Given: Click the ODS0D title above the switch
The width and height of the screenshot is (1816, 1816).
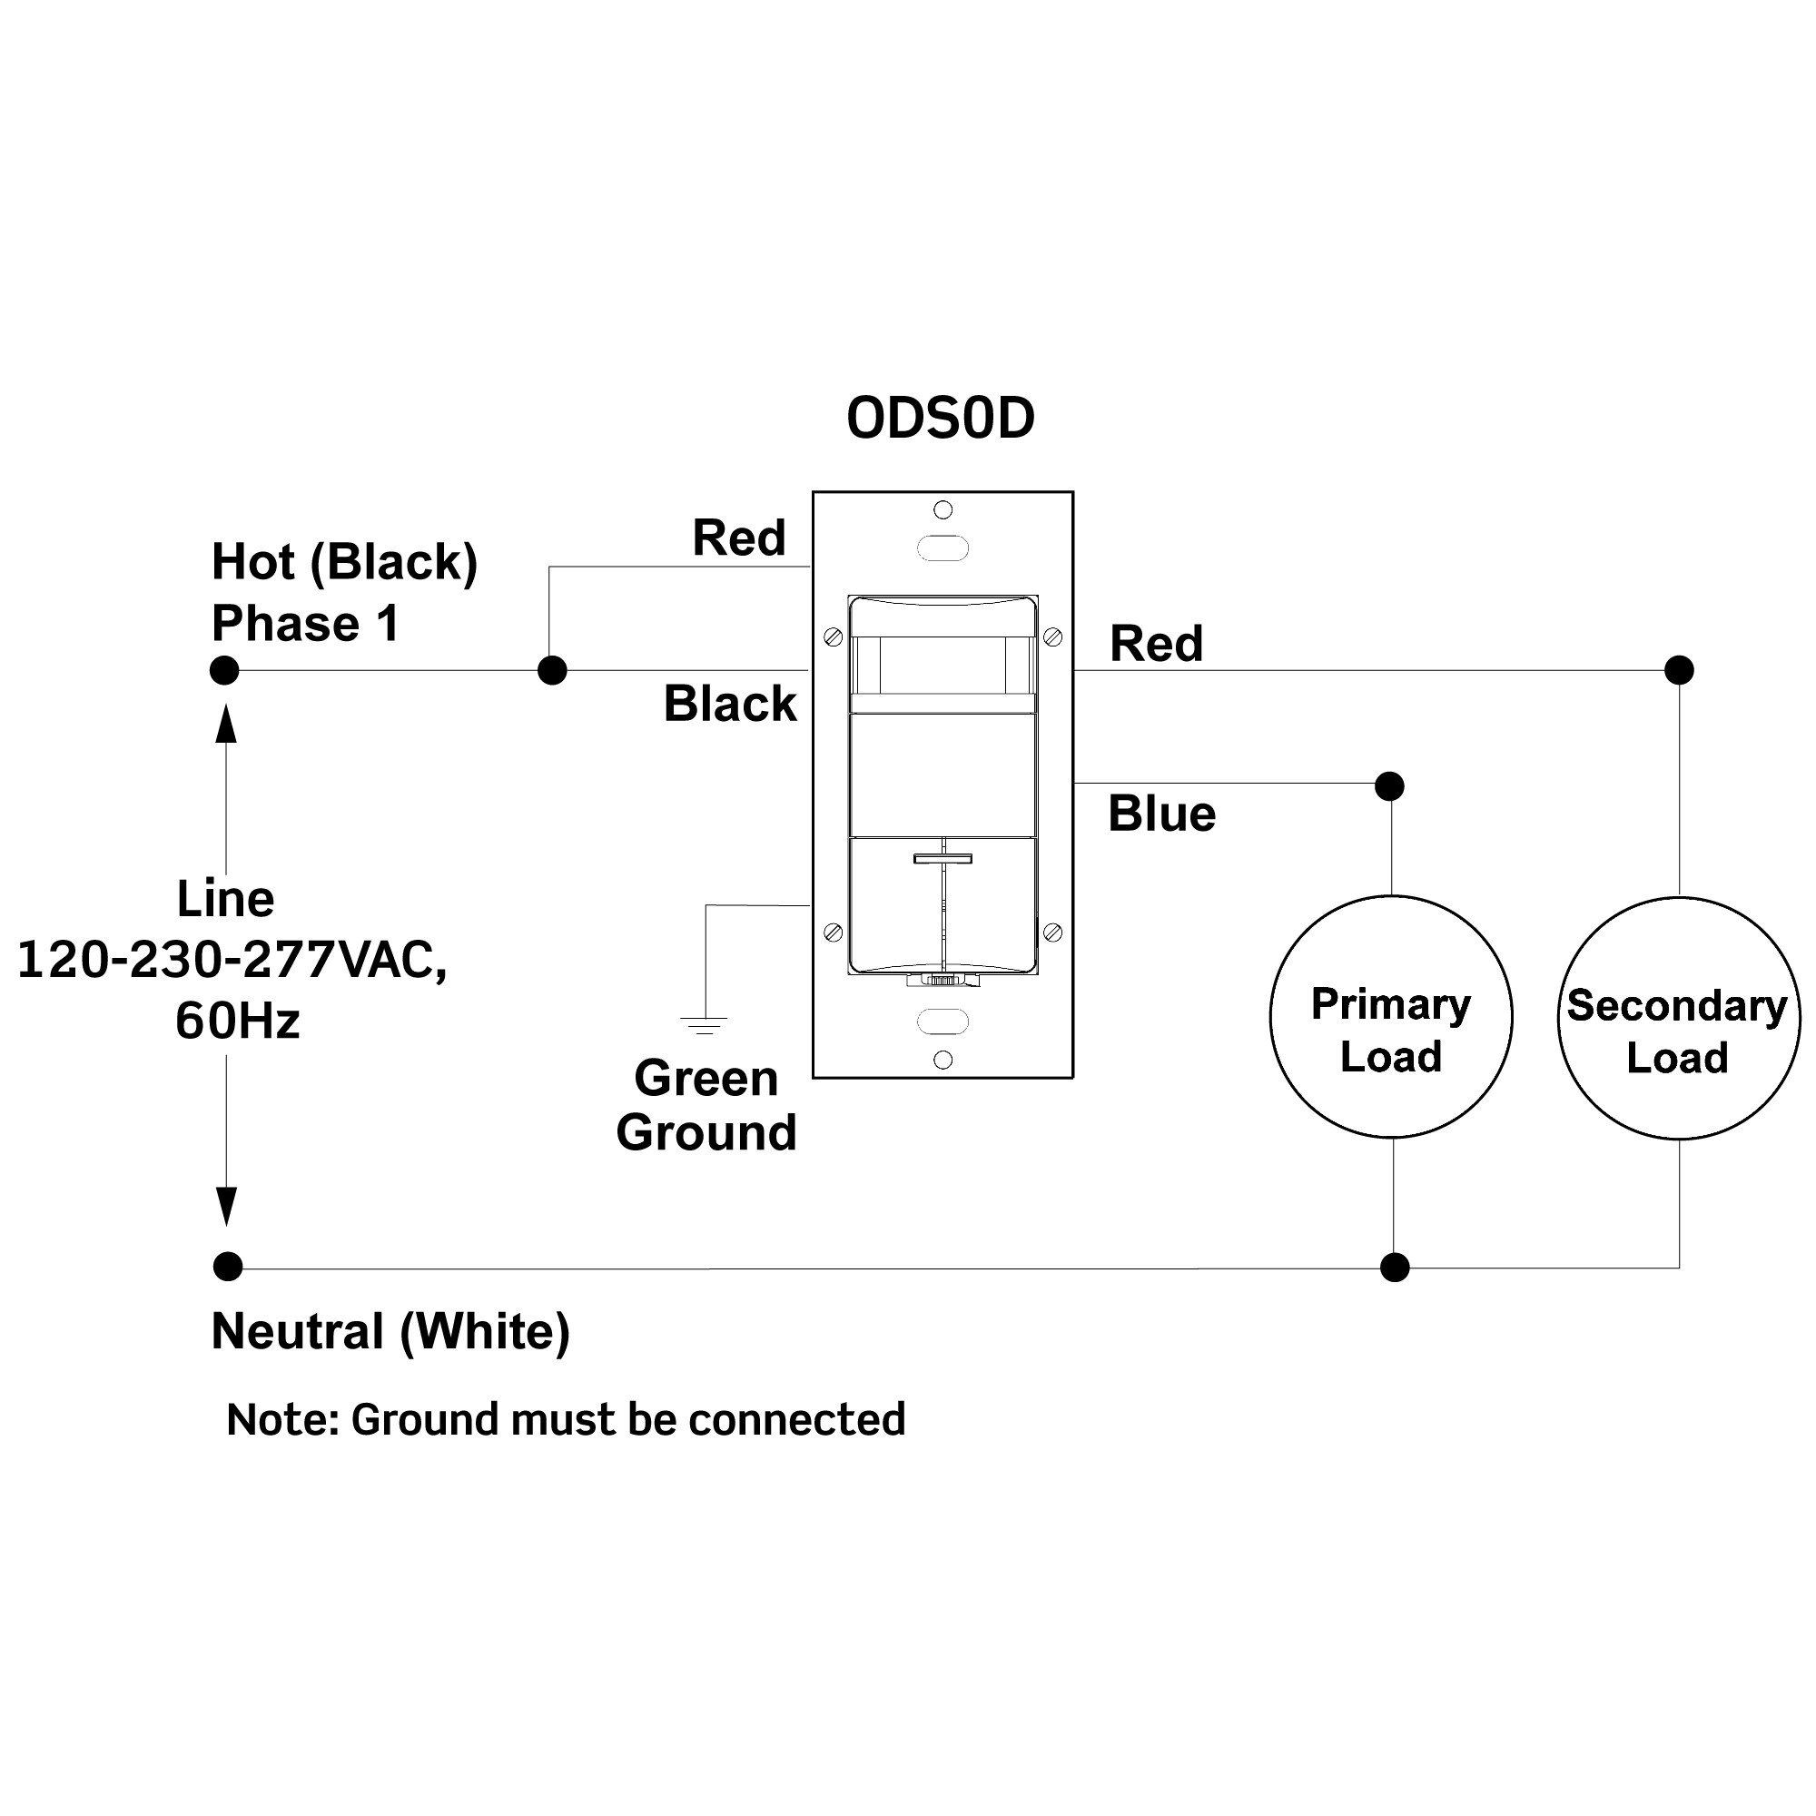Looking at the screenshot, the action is click(x=940, y=419).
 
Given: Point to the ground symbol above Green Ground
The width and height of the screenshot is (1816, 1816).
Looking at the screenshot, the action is click(x=704, y=1025).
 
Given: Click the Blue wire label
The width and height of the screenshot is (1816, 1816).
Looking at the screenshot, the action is click(x=1162, y=813).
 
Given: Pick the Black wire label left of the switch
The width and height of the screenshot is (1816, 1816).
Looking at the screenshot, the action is click(x=730, y=703).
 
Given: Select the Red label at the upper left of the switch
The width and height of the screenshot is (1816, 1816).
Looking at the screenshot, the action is click(x=739, y=538).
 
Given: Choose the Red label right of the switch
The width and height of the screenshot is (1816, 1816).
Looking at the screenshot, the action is click(x=1156, y=644).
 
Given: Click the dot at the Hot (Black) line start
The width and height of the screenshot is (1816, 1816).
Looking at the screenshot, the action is click(x=223, y=670).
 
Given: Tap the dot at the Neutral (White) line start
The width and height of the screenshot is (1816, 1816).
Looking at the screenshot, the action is click(x=228, y=1266).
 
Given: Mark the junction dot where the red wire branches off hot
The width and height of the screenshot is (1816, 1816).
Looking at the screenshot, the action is click(x=552, y=670).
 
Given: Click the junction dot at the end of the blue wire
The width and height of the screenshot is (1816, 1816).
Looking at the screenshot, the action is click(x=1389, y=785).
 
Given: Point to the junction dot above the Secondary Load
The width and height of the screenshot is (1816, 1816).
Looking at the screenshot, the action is click(x=1679, y=670).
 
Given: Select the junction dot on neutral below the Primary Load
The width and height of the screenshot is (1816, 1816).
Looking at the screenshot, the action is click(x=1395, y=1267).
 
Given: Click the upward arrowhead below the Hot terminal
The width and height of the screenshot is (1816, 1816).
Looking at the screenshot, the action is click(x=225, y=724).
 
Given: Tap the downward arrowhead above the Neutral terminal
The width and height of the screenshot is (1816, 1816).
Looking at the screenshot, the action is click(x=226, y=1207).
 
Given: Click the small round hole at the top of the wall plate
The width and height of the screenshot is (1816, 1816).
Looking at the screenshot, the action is click(x=943, y=509).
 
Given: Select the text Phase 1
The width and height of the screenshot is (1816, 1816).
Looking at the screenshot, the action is click(x=305, y=623).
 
